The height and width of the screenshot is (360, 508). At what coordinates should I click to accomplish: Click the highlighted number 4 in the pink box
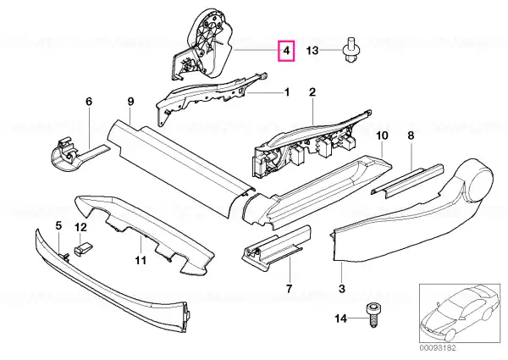(x=287, y=53)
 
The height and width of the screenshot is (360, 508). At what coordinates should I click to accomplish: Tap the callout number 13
(x=312, y=52)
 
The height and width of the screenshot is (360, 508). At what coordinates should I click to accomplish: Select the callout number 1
(x=286, y=91)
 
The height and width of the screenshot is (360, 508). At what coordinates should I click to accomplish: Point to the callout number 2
(x=312, y=91)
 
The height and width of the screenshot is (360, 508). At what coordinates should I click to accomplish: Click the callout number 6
(x=88, y=102)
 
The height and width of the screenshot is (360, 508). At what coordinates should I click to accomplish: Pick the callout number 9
(x=130, y=102)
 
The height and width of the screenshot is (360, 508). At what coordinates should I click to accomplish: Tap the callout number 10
(x=381, y=135)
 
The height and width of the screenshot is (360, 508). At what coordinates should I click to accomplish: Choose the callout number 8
(x=411, y=135)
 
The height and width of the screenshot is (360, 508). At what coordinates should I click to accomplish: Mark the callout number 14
(x=340, y=318)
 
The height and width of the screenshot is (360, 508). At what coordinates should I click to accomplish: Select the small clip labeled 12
(x=83, y=248)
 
